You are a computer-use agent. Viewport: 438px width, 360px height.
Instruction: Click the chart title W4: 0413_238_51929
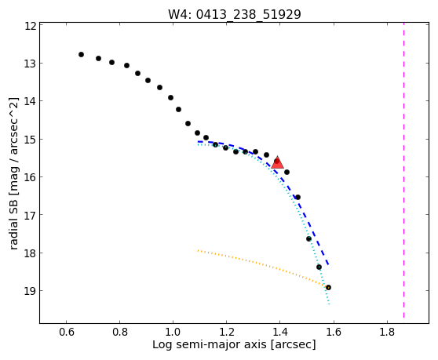click(x=235, y=15)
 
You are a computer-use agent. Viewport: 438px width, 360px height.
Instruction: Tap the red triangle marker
click(x=277, y=162)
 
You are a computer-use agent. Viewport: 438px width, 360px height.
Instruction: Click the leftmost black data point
click(x=81, y=54)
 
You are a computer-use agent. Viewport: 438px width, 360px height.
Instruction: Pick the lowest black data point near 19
click(x=328, y=287)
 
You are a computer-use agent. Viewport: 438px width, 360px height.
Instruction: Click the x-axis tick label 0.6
click(x=66, y=332)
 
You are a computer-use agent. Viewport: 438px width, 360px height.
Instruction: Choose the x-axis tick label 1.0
click(x=173, y=332)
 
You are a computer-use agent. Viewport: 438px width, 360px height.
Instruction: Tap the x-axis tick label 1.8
click(x=387, y=332)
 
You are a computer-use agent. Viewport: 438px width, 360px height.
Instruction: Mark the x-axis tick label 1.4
click(x=280, y=332)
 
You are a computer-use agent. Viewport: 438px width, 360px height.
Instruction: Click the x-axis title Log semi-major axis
click(x=210, y=344)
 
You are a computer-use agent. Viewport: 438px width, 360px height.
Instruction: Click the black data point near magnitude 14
click(x=170, y=98)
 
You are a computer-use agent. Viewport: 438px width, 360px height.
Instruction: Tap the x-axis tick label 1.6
click(x=334, y=332)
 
